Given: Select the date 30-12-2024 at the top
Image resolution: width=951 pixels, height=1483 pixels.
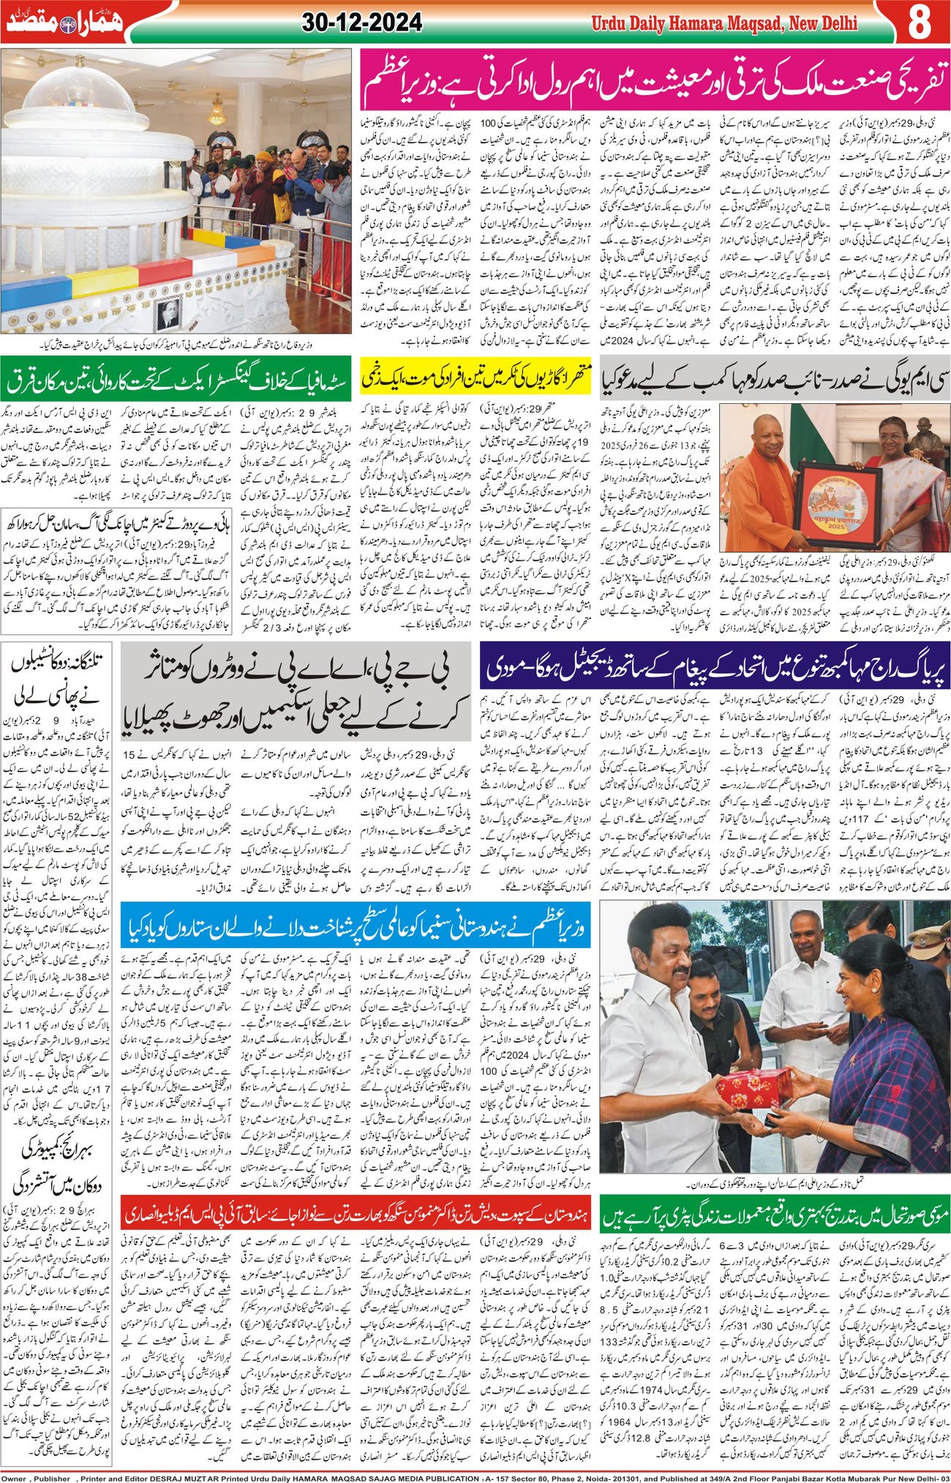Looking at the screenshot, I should coord(361,23).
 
